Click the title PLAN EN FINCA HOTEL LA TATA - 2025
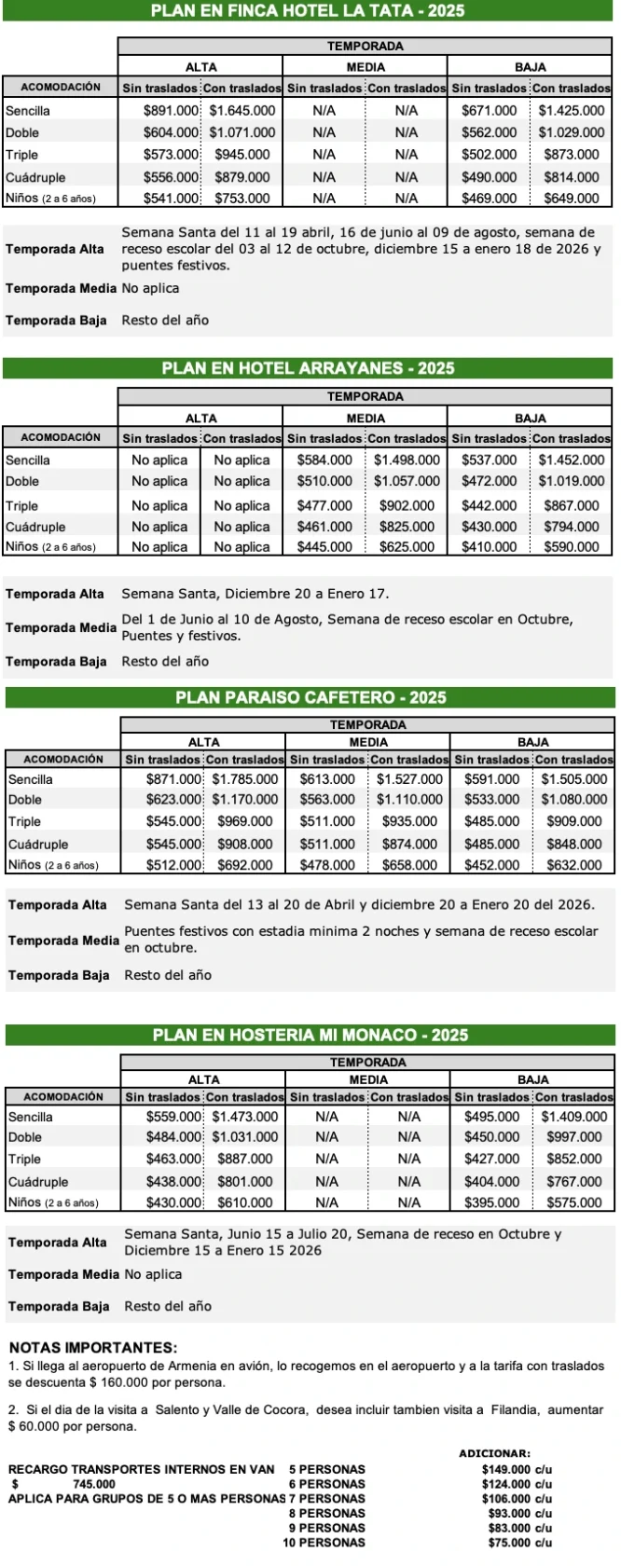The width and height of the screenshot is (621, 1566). pyautogui.click(x=307, y=11)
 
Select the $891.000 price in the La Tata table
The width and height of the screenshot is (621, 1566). pyautogui.click(x=172, y=110)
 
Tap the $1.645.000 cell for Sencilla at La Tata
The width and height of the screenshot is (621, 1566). pyautogui.click(x=241, y=110)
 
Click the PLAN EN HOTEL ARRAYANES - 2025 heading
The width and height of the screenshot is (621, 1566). pyautogui.click(x=308, y=368)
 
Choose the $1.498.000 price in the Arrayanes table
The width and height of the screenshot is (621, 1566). pyautogui.click(x=407, y=460)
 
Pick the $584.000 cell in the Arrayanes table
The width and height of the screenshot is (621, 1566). pyautogui.click(x=324, y=460)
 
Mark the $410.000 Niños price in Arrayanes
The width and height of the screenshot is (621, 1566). pyautogui.click(x=490, y=547)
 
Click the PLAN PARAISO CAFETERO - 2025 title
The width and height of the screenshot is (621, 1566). pyautogui.click(x=310, y=697)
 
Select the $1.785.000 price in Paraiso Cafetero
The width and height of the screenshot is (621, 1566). pyautogui.click(x=244, y=779)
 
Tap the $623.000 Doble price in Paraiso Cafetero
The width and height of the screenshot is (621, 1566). pyautogui.click(x=174, y=799)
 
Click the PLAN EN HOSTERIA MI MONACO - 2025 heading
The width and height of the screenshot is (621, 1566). pyautogui.click(x=310, y=1035)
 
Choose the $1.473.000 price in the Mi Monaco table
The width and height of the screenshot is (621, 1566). pyautogui.click(x=244, y=1117)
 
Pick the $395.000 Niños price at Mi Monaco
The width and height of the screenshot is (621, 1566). pyautogui.click(x=492, y=1202)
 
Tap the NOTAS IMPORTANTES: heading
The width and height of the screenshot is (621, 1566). pyautogui.click(x=92, y=1348)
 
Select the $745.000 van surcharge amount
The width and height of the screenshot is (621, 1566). pyautogui.click(x=93, y=1484)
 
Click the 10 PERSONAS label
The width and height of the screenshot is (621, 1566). pyautogui.click(x=324, y=1543)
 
